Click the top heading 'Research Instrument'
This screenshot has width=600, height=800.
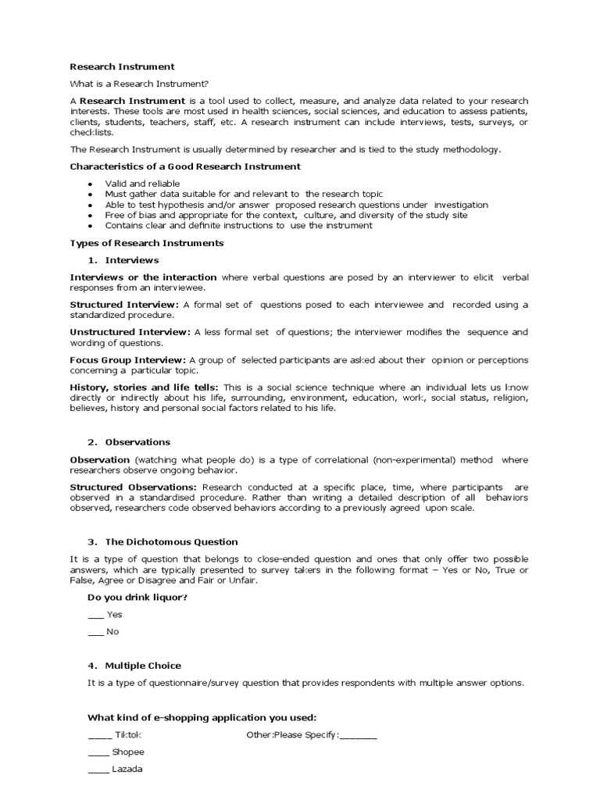click(123, 66)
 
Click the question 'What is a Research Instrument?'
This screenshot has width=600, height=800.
click(140, 84)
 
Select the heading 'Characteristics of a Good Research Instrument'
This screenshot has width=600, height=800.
click(185, 166)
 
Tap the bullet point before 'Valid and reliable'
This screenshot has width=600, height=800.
click(90, 184)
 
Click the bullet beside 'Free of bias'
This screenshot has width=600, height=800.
click(90, 215)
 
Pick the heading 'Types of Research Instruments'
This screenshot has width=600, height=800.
click(147, 243)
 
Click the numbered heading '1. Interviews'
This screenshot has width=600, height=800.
click(123, 260)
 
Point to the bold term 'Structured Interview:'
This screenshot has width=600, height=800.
click(124, 305)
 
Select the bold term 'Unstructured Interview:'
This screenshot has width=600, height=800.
click(130, 332)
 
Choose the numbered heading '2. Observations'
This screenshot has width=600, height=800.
click(128, 442)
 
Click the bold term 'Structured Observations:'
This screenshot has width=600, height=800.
click(134, 487)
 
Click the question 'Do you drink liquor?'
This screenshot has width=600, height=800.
click(137, 598)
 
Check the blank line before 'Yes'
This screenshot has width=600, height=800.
click(95, 616)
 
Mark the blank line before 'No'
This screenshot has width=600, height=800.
click(95, 633)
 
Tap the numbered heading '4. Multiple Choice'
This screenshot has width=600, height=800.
click(134, 666)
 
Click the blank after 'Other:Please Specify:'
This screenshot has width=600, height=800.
click(359, 737)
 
